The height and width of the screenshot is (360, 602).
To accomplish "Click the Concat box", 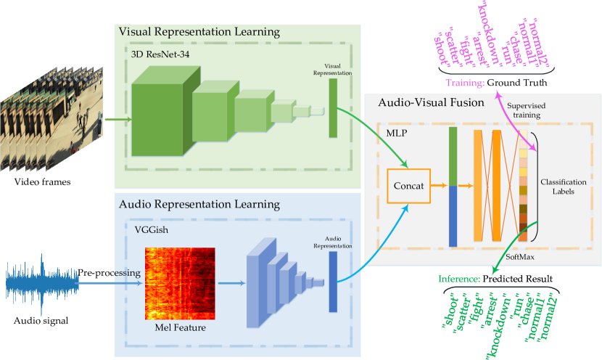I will (408, 186).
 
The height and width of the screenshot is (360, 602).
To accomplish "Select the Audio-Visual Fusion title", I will (431, 103).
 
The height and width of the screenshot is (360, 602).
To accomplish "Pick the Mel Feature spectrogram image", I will (180, 285).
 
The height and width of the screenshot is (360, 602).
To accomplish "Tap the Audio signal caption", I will (41, 321).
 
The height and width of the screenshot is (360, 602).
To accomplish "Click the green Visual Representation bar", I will (333, 107).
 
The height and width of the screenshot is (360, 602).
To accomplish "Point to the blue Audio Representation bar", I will (333, 275).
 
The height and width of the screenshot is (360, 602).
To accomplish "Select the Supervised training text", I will (527, 110).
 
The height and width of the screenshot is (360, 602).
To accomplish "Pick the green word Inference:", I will (460, 279).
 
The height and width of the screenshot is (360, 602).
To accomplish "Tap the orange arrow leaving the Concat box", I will (438, 186).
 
